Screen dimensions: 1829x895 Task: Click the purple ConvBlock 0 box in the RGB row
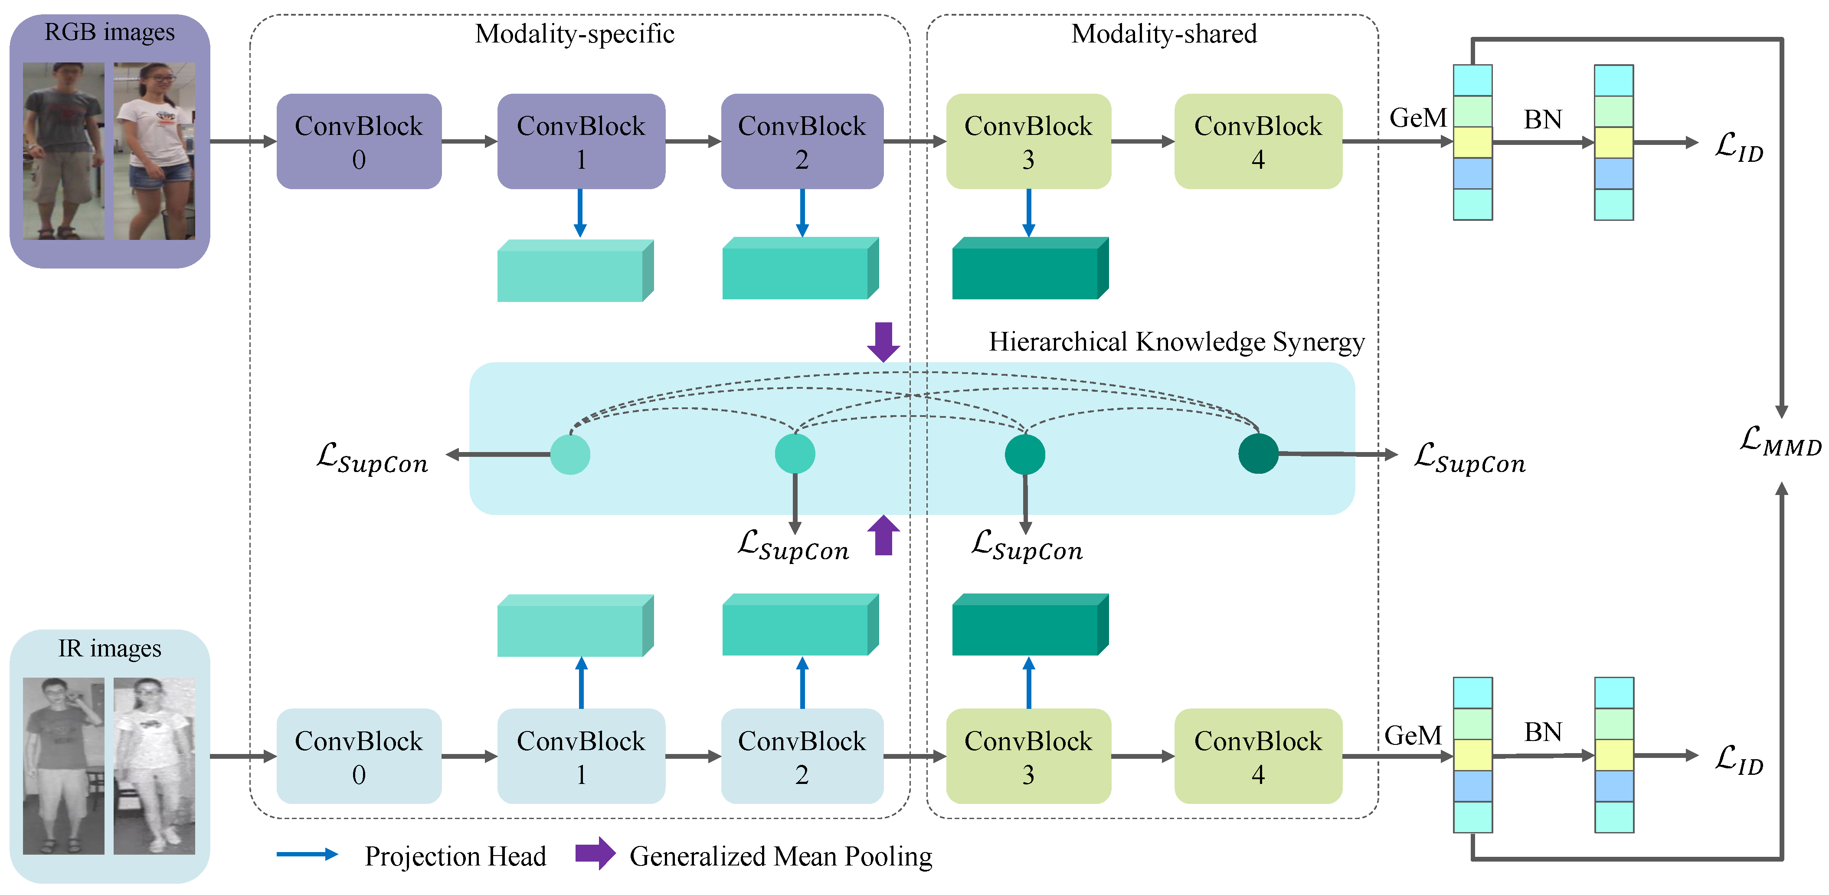pos(359,141)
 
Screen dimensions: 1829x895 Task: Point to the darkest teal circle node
pos(1258,453)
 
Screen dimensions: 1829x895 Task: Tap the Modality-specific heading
pos(574,33)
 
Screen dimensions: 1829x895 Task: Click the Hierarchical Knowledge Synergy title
pos(1177,342)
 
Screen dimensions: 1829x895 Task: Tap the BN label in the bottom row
pos(1543,731)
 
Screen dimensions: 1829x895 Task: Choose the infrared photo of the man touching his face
pos(63,766)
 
